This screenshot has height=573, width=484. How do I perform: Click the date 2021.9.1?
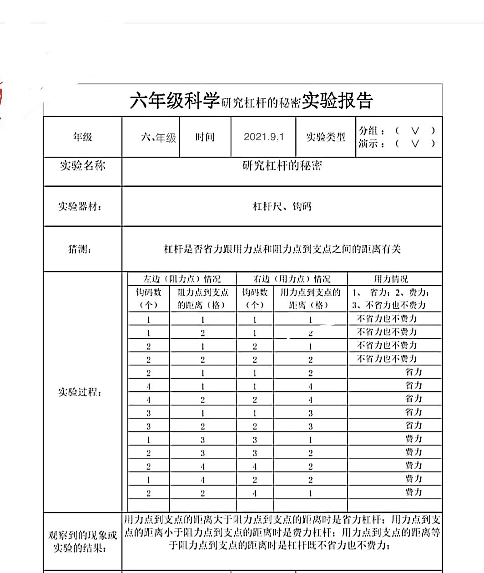(263, 137)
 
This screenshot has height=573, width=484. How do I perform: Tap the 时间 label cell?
(205, 137)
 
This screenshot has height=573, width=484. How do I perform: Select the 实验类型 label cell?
(325, 137)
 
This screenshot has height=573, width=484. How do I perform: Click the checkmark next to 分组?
(415, 131)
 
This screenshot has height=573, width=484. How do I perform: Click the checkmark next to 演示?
(415, 144)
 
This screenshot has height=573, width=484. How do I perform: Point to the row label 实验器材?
(80, 206)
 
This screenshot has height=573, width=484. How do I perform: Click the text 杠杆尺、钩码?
(282, 206)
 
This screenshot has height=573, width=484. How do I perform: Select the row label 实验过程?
(80, 392)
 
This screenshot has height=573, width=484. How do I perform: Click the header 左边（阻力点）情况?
(182, 279)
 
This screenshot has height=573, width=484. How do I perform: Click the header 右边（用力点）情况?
(292, 279)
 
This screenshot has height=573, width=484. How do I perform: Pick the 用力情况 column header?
(391, 279)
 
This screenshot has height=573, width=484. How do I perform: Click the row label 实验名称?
(82, 165)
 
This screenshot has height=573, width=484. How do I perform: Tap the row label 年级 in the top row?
(82, 137)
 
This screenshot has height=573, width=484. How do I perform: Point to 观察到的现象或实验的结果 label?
(82, 542)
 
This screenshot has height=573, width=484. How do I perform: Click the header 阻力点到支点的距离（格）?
(202, 299)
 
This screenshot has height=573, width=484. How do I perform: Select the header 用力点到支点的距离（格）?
(310, 299)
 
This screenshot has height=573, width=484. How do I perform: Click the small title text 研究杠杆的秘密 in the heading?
(261, 103)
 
